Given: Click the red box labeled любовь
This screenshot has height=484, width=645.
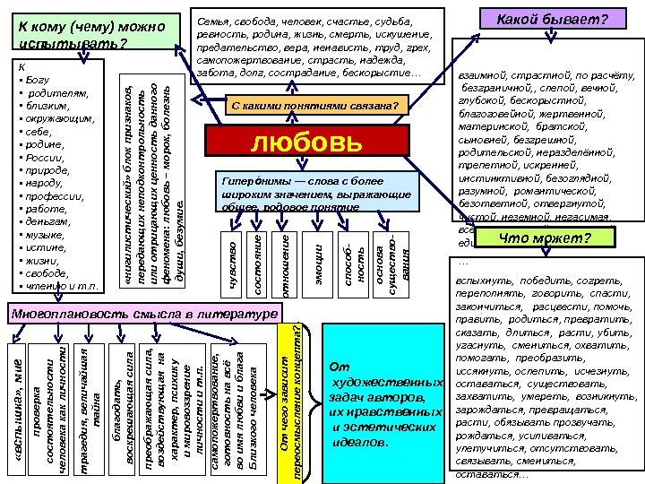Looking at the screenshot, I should pyautogui.click(x=306, y=142).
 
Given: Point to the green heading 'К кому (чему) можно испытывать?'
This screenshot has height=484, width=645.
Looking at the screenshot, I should pyautogui.click(x=94, y=36).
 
